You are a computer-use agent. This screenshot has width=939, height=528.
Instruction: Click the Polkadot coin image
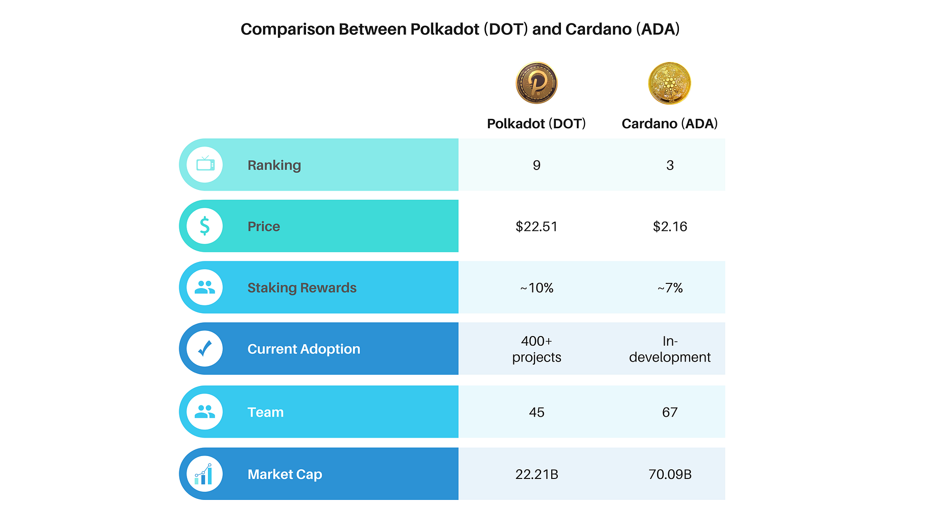[536, 83]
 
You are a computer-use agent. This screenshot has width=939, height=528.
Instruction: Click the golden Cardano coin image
[669, 83]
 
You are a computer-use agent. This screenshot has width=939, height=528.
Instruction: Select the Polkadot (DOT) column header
[536, 124]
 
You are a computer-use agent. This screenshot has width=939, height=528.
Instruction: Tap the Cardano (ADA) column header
[669, 124]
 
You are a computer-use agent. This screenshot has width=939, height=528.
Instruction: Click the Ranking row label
[274, 165]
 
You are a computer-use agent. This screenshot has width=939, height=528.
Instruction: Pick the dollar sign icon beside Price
[204, 226]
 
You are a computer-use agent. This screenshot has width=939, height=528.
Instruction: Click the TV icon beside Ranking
[205, 164]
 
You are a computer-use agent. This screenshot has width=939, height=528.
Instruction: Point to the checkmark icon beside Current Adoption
[204, 349]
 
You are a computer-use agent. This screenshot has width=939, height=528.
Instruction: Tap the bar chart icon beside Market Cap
[204, 474]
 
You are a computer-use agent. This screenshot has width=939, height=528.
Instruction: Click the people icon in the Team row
[205, 412]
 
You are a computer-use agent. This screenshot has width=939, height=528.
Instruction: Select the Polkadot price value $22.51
[536, 226]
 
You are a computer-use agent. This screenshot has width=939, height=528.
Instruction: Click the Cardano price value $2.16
[670, 226]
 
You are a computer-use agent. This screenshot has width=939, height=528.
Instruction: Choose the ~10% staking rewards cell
[536, 288]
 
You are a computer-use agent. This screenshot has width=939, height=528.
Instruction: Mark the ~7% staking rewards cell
[670, 288]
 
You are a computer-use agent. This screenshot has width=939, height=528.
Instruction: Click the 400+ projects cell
[536, 349]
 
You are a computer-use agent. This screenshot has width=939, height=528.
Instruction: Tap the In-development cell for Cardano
[670, 349]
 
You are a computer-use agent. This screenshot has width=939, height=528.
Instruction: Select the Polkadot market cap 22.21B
[536, 474]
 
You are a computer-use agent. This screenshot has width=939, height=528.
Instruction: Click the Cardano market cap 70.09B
[670, 474]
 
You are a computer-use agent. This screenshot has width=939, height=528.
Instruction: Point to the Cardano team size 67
[670, 412]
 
